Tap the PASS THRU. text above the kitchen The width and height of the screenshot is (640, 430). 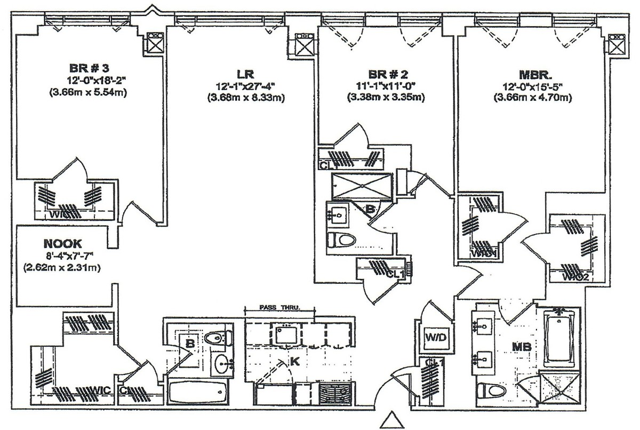click(280, 308)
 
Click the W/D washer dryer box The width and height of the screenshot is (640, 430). click(433, 338)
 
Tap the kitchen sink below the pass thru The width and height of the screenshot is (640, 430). click(288, 335)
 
